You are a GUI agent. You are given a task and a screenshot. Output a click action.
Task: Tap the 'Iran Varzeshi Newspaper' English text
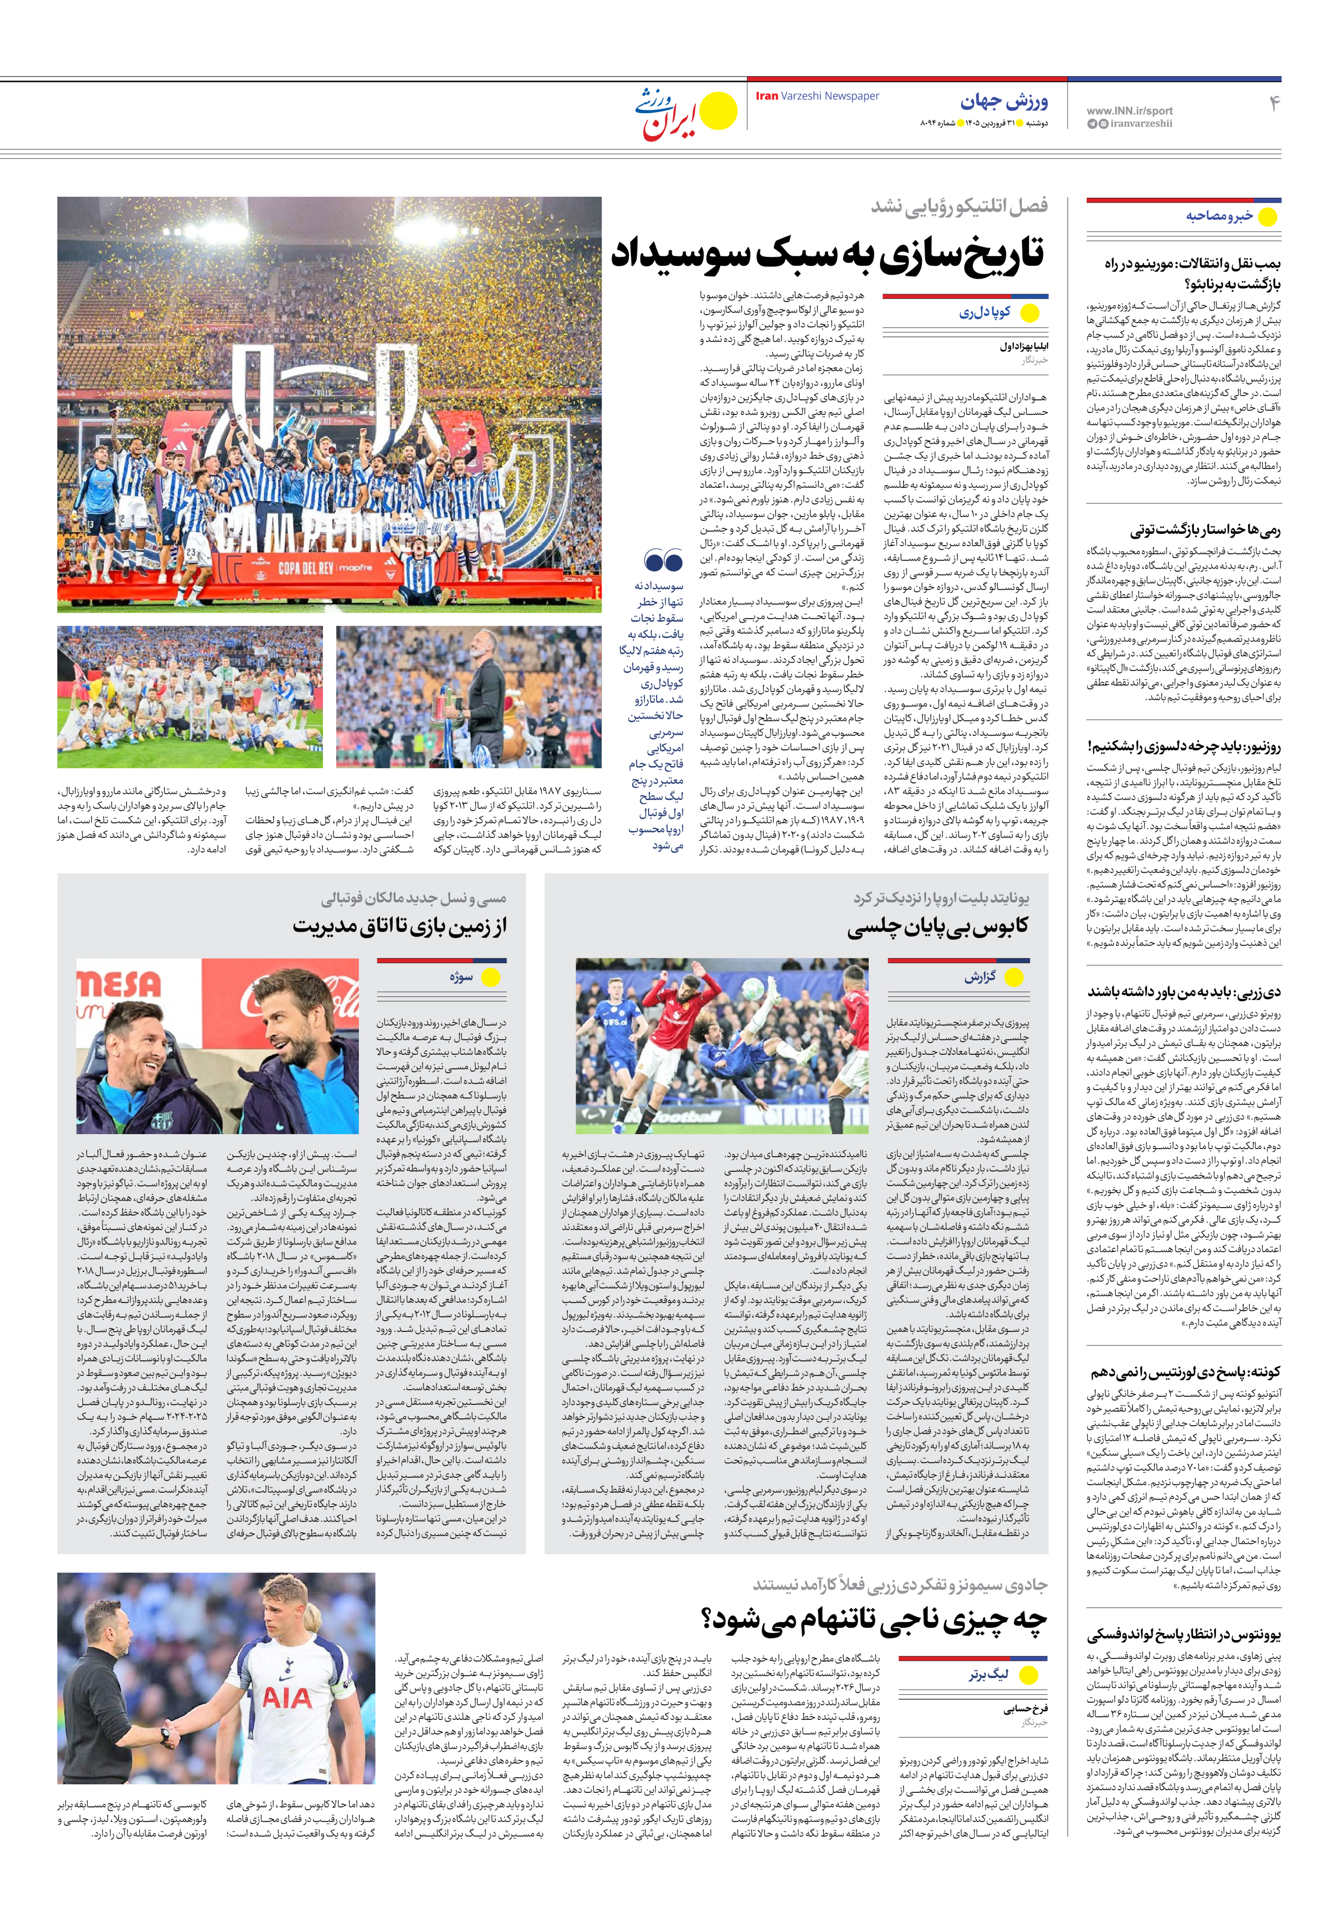[817, 96]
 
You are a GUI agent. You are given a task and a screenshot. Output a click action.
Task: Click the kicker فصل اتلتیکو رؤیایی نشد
[959, 206]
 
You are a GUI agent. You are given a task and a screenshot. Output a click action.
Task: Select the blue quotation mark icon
[663, 560]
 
